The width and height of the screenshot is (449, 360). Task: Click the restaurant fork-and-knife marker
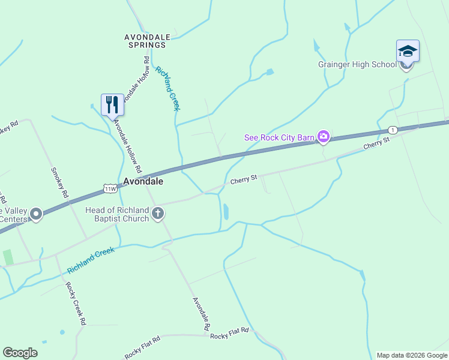(112, 105)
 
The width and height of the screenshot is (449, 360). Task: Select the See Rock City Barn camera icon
(324, 137)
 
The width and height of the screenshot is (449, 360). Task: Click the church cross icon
(158, 214)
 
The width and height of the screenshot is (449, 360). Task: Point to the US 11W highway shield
(110, 188)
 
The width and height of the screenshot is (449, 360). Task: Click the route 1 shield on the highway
(393, 130)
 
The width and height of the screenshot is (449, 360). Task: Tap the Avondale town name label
(143, 181)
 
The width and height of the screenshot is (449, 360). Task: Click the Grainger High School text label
(357, 65)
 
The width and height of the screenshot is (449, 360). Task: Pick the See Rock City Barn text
(279, 137)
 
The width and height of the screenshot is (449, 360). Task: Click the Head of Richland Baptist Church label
(117, 214)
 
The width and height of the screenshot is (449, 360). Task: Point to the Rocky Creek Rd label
(75, 304)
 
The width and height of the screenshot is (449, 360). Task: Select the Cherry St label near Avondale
(243, 179)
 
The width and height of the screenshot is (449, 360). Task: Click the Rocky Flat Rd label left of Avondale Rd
(143, 348)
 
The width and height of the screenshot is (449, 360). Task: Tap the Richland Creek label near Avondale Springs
(167, 88)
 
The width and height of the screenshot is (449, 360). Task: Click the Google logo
(20, 353)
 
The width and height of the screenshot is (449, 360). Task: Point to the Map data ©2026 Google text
(412, 355)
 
